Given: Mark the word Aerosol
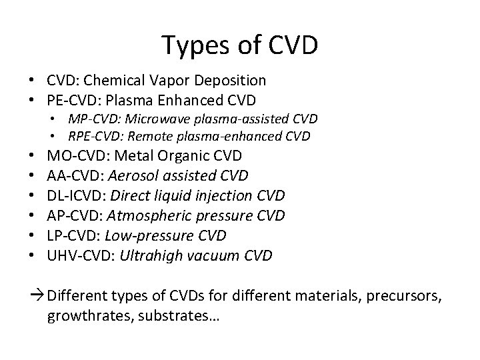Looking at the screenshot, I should point(131,175).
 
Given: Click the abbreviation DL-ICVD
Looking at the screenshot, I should point(75,195).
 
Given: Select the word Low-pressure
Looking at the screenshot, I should point(149,235).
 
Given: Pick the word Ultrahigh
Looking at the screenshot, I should point(147,255).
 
